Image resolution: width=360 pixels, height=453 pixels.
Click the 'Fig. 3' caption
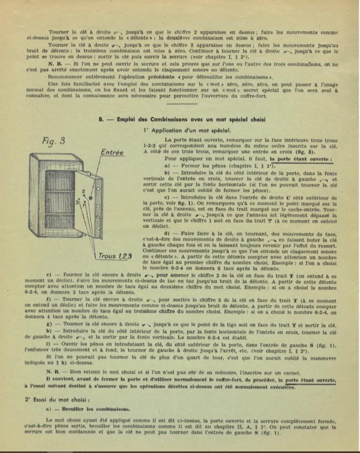(54, 140)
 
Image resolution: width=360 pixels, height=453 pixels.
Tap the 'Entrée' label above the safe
(112, 153)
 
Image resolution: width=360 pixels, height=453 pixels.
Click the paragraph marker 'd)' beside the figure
(167, 233)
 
